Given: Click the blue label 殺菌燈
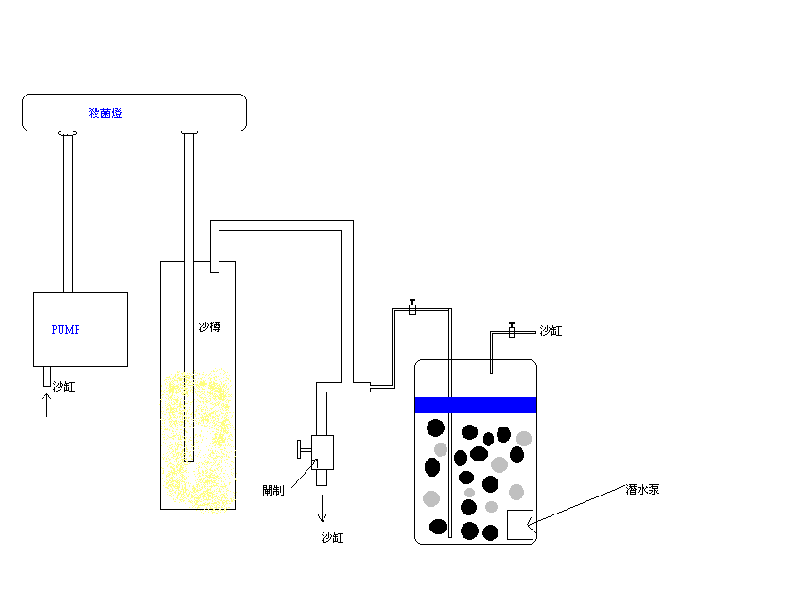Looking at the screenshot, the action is pos(105,113).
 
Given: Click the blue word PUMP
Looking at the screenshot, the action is pos(66,330).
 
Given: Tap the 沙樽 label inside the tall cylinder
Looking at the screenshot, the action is pos(209,327).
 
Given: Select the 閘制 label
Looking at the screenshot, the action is pos(273,490).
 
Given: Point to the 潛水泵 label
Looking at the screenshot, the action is pos(642,490).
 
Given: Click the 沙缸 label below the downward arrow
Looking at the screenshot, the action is pos(332,538).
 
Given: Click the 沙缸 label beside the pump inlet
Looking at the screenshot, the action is pos(63,386).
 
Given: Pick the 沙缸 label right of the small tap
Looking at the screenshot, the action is pos(551,331).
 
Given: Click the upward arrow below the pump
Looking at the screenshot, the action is pos(46,405).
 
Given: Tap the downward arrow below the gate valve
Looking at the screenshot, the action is pos(322,508).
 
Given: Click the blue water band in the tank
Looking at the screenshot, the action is pos(476,405).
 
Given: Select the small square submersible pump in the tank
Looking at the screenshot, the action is pos(520,525).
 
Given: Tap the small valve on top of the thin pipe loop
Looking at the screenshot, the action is pos(412,307).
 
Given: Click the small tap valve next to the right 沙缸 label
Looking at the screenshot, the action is pos(512,330).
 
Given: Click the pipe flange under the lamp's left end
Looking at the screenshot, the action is pos(67,133).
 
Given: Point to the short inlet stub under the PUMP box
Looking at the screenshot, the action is pos(46,376).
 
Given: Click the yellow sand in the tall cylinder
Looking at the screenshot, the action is pos(198,442).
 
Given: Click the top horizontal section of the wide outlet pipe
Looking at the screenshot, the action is pos(282,225).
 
